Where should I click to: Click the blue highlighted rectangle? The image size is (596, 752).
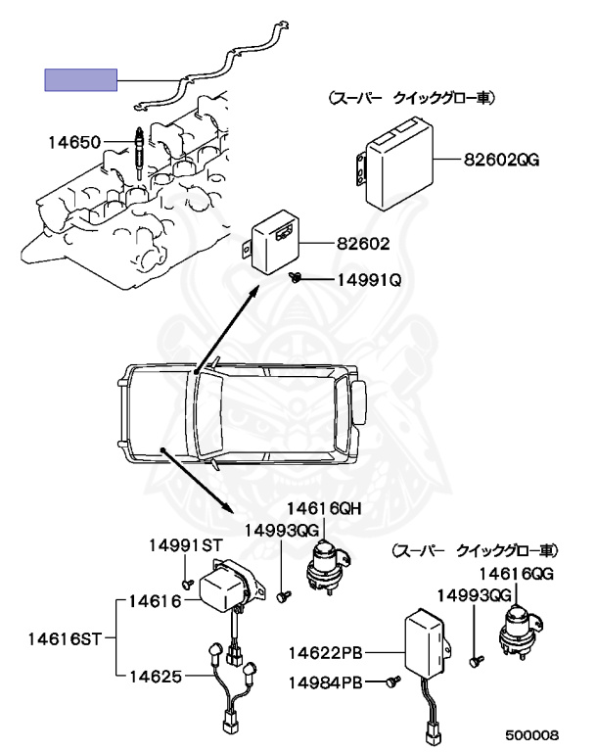pyautogui.click(x=81, y=79)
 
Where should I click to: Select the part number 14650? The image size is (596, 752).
pyautogui.click(x=74, y=143)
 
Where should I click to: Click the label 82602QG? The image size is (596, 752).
pyautogui.click(x=500, y=158)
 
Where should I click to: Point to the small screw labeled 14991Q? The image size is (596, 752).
pyautogui.click(x=294, y=279)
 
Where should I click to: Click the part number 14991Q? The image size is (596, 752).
pyautogui.click(x=370, y=280)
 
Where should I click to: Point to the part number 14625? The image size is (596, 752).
pyautogui.click(x=157, y=675)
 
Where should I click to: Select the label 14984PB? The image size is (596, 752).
pyautogui.click(x=328, y=681)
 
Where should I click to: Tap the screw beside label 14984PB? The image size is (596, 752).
pyautogui.click(x=394, y=681)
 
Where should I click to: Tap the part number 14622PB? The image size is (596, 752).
pyautogui.click(x=328, y=652)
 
